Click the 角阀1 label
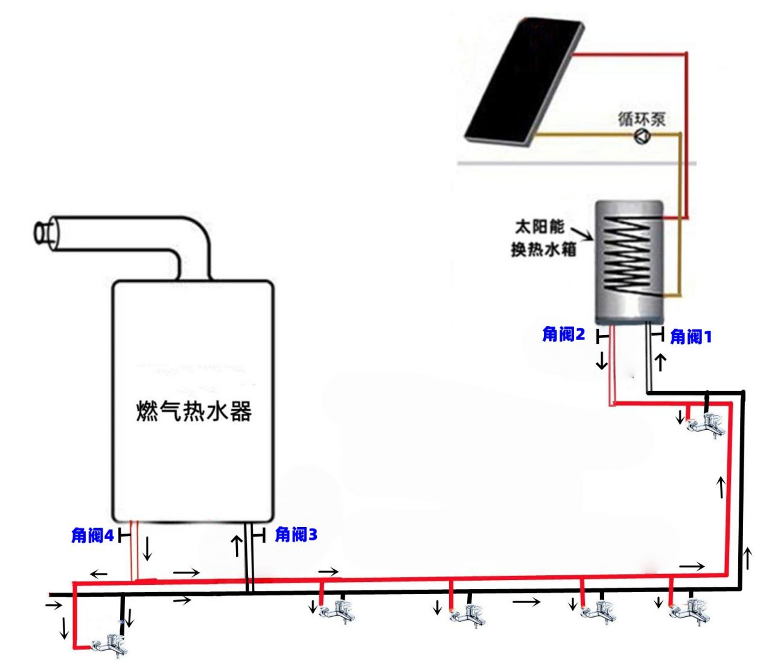pyautogui.click(x=691, y=337)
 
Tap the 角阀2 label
pyautogui.click(x=564, y=334)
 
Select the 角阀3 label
pyautogui.click(x=296, y=534)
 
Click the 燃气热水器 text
pyautogui.click(x=193, y=412)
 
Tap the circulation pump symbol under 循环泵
pyautogui.click(x=642, y=137)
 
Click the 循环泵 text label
pyautogui.click(x=642, y=119)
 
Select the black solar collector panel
pyautogui.click(x=524, y=78)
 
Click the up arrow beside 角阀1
pyautogui.click(x=661, y=362)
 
